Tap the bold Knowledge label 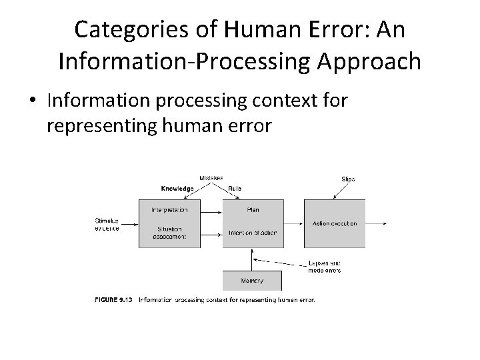[177, 189]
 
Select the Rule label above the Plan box [235, 189]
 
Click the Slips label [348, 179]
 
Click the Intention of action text [252, 232]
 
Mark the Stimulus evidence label [107, 224]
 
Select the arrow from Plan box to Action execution [293, 223]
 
